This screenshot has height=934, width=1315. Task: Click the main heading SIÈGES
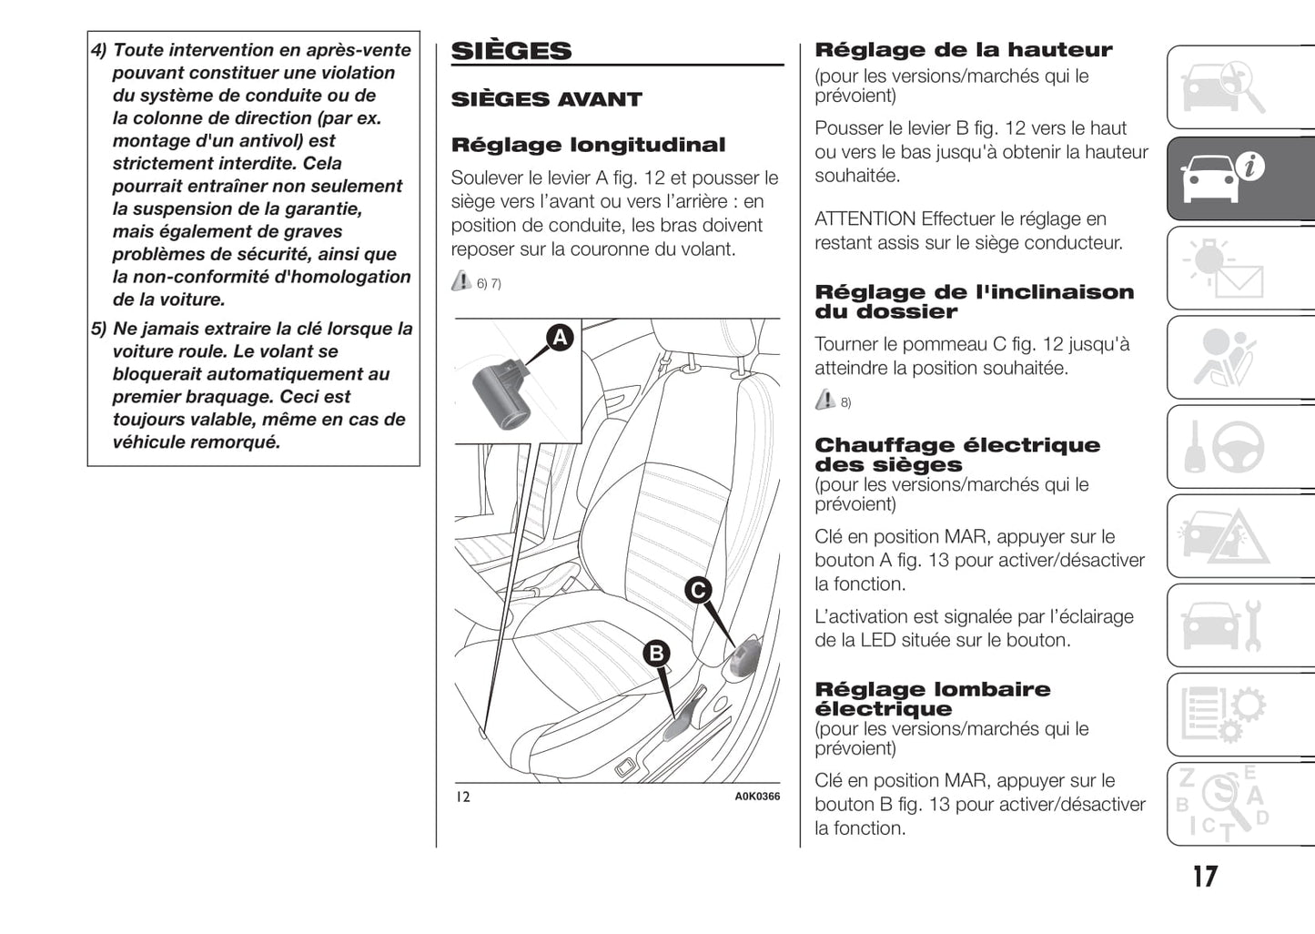coord(511,51)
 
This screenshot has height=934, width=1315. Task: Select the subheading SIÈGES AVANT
coord(546,99)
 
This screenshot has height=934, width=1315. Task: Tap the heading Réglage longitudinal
coord(588,145)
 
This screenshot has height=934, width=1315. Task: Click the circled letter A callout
coord(560,338)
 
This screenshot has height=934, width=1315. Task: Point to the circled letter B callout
coord(656,653)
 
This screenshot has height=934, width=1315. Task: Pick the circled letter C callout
coord(698,590)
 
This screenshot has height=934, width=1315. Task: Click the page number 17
coord(1205,877)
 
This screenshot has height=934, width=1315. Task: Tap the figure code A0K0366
coord(757,797)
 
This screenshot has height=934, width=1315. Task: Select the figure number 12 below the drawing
coord(463,797)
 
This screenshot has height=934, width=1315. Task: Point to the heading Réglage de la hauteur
coord(963,50)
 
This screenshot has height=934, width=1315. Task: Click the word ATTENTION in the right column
coord(865,218)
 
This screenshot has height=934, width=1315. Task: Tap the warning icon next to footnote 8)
coord(824,399)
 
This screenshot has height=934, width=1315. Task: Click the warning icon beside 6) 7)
coord(461,281)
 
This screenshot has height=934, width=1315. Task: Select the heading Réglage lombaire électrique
coord(932,699)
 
